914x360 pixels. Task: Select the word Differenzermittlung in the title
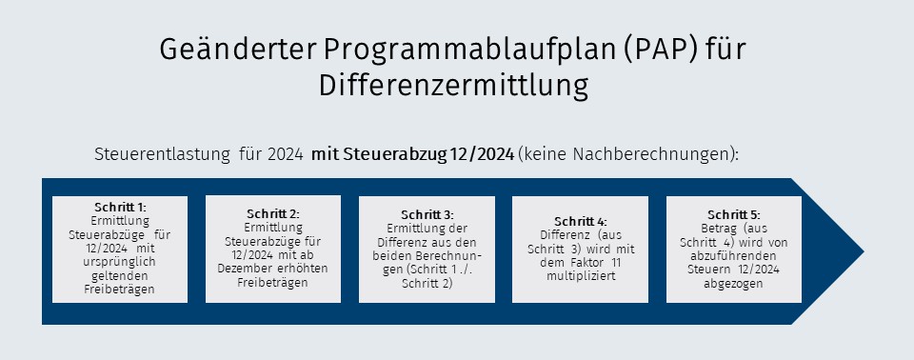[453, 85]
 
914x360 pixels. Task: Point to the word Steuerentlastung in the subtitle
[162, 155]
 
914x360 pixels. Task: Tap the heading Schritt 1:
[120, 207]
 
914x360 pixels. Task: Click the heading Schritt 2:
[273, 214]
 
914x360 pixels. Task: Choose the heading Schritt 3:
[427, 214]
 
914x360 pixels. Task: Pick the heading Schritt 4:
[581, 222]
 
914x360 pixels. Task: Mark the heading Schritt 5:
[734, 214]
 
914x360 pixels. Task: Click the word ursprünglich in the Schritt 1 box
[120, 262]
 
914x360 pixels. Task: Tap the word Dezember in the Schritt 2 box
[241, 269]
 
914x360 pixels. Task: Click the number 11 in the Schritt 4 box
[616, 263]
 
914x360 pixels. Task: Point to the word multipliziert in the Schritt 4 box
[581, 276]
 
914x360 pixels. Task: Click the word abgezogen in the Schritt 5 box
[734, 284]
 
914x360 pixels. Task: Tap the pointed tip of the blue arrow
[864, 252]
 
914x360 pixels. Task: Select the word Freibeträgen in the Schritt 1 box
[120, 290]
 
